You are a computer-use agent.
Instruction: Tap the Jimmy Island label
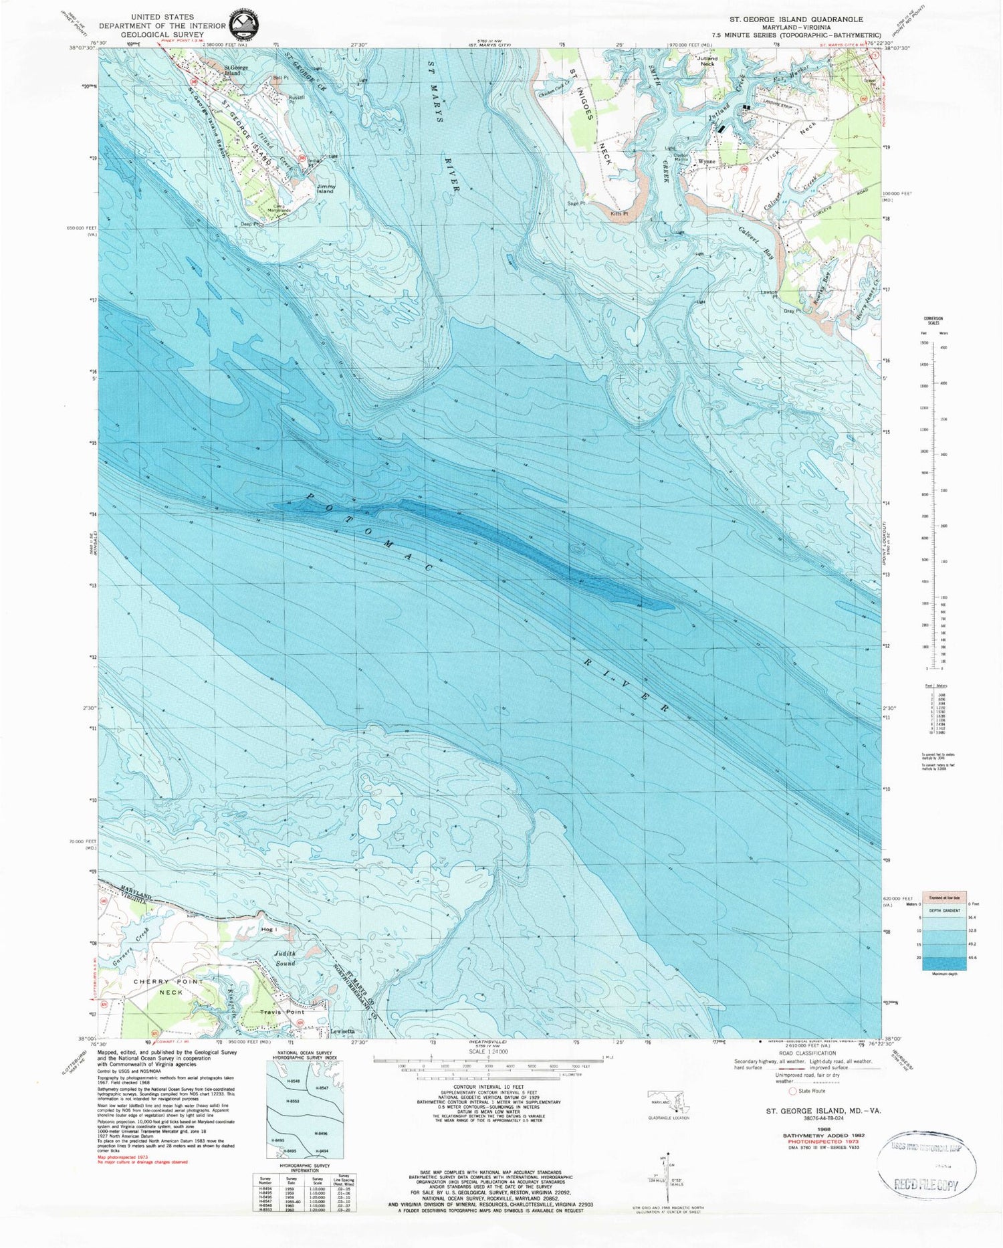coord(326,189)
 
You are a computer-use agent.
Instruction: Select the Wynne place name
coord(707,161)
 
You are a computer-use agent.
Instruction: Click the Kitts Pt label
coord(620,213)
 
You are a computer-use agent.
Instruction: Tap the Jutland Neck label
coord(707,61)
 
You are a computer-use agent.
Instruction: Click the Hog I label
coord(269,929)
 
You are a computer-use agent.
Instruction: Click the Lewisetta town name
coord(342,1031)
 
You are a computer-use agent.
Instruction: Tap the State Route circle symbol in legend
coord(793,1091)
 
